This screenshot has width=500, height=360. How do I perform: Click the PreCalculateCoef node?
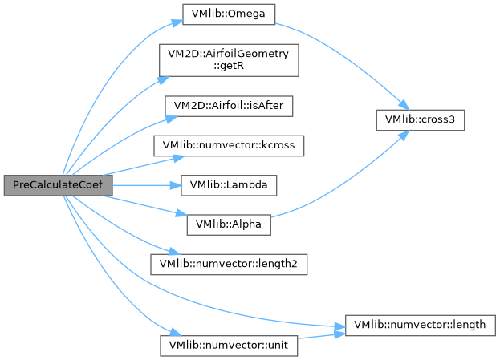tap(57, 184)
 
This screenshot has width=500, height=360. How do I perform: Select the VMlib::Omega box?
tap(230, 14)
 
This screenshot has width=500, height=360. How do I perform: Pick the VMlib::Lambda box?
tap(230, 184)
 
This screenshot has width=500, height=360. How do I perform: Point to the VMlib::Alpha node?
tap(230, 224)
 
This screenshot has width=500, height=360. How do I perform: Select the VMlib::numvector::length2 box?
tap(230, 263)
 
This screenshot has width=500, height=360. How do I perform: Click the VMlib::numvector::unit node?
tap(230, 346)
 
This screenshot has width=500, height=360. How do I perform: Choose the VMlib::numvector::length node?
tap(421, 325)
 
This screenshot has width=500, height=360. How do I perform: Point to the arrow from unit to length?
tap(321, 337)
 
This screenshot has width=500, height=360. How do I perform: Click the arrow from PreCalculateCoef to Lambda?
tap(144, 184)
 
